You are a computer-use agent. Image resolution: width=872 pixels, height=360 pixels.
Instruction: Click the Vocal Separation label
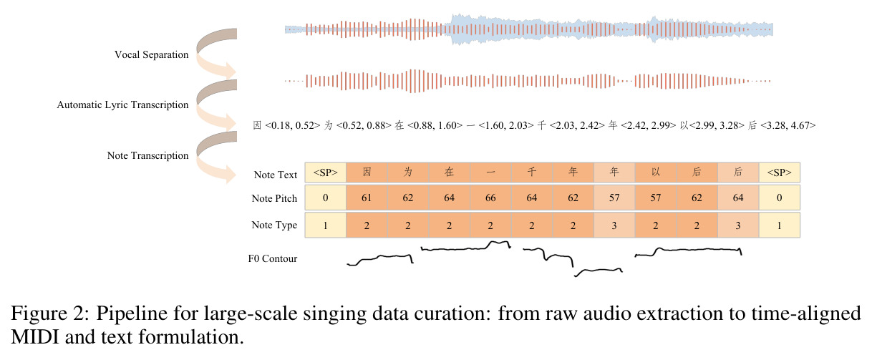click(152, 54)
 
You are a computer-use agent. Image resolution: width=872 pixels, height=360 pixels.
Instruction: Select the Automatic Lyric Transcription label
click(122, 104)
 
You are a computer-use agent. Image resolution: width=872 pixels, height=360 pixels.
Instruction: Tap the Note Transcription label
click(147, 155)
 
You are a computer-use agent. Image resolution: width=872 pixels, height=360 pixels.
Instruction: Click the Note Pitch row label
click(274, 198)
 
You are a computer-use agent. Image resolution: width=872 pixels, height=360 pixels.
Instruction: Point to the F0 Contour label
click(273, 258)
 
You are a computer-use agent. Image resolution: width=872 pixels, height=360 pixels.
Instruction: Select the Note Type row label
click(274, 225)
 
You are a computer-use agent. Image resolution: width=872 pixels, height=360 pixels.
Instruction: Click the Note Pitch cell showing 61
click(367, 198)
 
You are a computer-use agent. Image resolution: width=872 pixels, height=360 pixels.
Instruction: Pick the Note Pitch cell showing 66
click(490, 198)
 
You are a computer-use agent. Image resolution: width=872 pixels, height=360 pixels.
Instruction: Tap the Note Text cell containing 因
click(367, 172)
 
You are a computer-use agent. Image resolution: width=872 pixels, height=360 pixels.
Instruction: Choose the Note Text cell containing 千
click(532, 172)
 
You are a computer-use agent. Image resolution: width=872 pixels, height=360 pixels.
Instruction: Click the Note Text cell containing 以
click(656, 172)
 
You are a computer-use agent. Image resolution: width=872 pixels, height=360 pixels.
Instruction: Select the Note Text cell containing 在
click(449, 172)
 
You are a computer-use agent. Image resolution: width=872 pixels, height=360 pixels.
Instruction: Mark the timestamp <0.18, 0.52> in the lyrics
click(292, 125)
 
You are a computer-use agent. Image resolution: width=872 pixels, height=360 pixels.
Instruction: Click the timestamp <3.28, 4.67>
click(788, 125)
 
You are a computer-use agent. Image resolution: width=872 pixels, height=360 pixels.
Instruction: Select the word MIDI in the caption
click(34, 337)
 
